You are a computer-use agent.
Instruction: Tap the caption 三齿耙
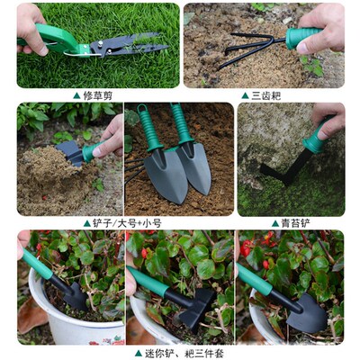pyautogui.click(x=267, y=94)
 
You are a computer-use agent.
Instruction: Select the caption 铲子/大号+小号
pyautogui.click(x=127, y=223)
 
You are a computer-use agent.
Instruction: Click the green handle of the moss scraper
pyautogui.click(x=315, y=141)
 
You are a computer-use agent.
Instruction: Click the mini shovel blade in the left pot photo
pyautogui.click(x=74, y=296)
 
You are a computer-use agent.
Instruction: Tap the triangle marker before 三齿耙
pyautogui.click(x=244, y=94)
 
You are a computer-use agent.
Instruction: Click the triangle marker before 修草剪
pyautogui.click(x=77, y=94)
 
